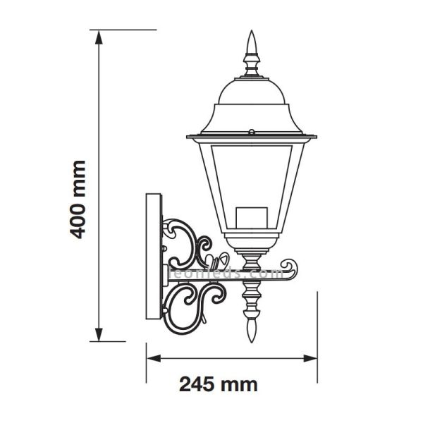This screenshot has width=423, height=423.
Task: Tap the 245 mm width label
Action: click(217, 384)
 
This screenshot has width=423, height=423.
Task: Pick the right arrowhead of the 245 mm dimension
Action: click(314, 358)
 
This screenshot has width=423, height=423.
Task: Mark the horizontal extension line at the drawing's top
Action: click(127, 30)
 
